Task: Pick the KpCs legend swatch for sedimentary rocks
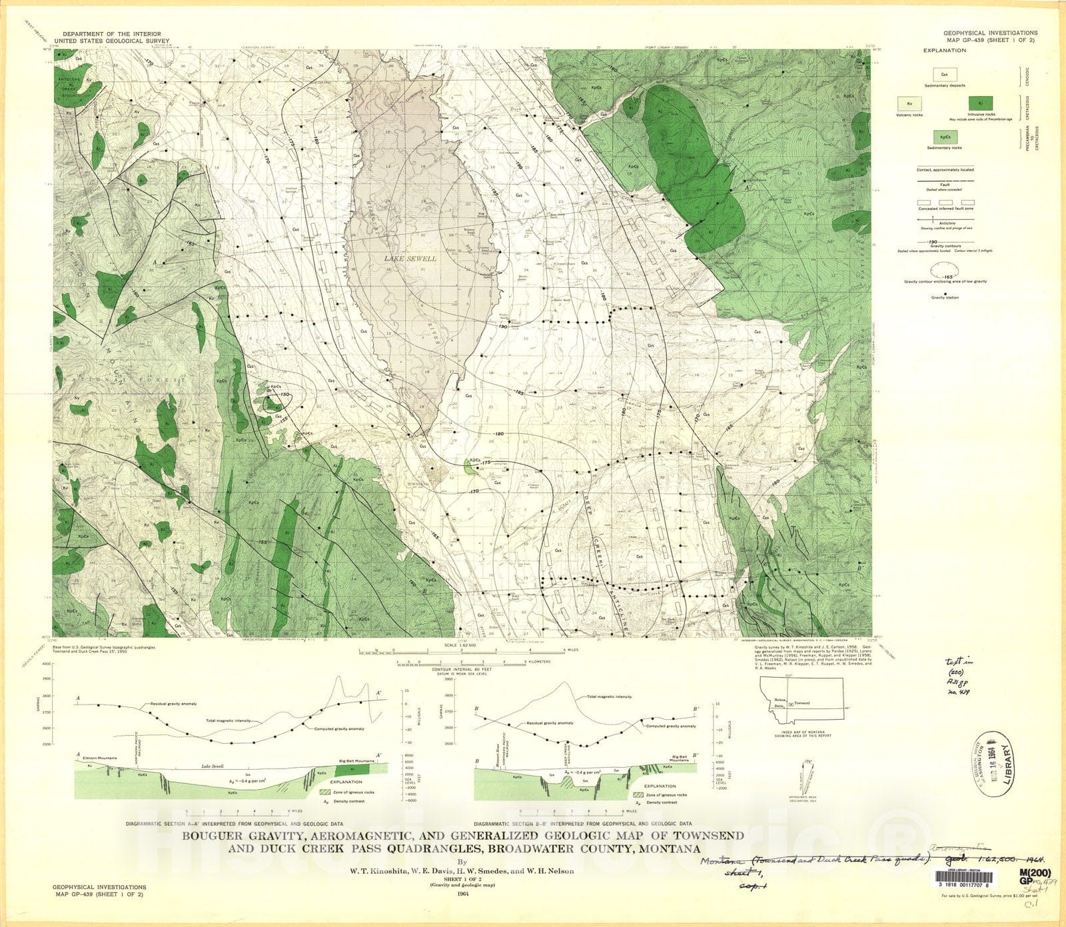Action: point(944,137)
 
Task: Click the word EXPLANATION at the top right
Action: point(944,50)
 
